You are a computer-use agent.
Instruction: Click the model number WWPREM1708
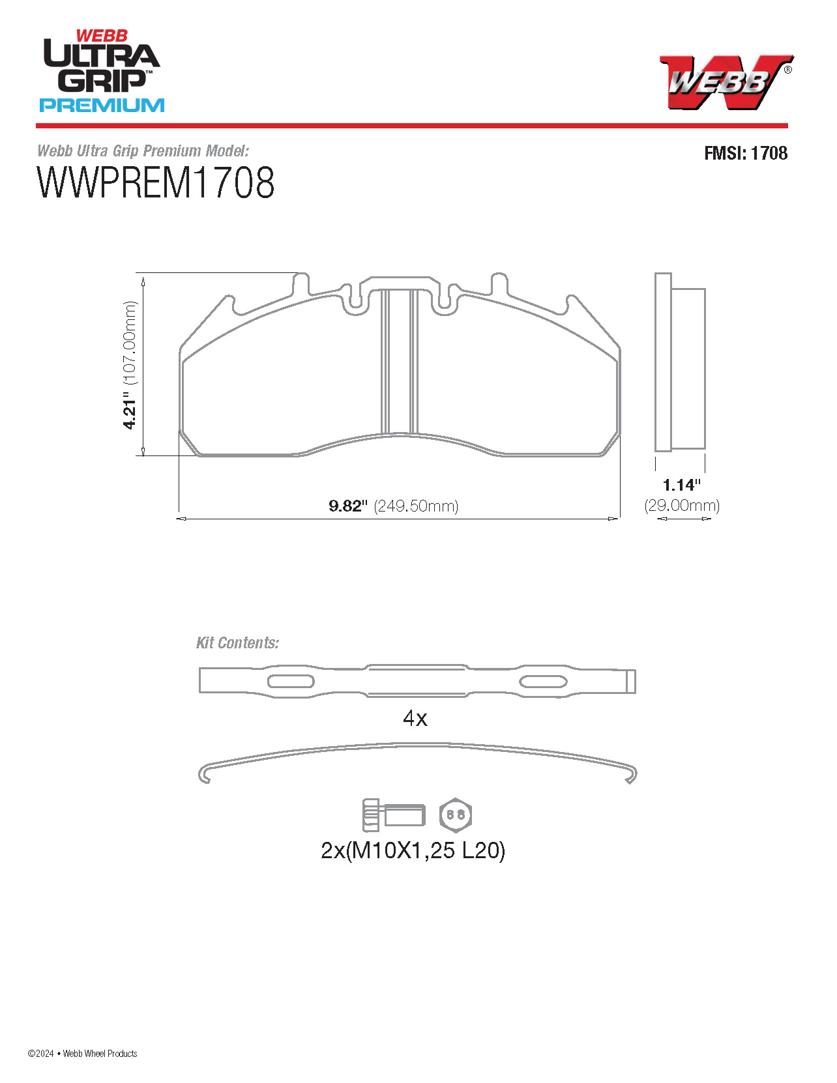pyautogui.click(x=156, y=183)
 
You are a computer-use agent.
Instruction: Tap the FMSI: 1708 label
pyautogui.click(x=745, y=153)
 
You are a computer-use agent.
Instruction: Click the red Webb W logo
pyautogui.click(x=726, y=81)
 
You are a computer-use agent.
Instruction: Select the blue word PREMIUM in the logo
pyautogui.click(x=102, y=105)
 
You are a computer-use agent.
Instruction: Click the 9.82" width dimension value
pyautogui.click(x=347, y=506)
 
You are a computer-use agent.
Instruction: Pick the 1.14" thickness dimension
pyautogui.click(x=681, y=485)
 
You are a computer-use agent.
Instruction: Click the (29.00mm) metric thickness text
pyautogui.click(x=682, y=506)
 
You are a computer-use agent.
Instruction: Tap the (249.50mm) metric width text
pyautogui.click(x=416, y=506)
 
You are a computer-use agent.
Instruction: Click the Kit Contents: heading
pyautogui.click(x=237, y=643)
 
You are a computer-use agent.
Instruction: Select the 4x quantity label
pyautogui.click(x=415, y=718)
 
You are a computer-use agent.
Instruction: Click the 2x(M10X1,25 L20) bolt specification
pyautogui.click(x=413, y=850)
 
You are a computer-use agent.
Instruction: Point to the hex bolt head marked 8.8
pyautogui.click(x=456, y=815)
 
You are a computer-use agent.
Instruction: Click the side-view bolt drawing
pyautogui.click(x=393, y=815)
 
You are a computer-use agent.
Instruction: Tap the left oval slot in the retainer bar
pyautogui.click(x=291, y=682)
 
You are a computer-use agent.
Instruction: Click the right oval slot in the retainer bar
pyautogui.click(x=542, y=682)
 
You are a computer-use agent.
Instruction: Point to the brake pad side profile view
pyautogui.click(x=680, y=364)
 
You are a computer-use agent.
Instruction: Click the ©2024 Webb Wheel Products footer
pyautogui.click(x=83, y=1054)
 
